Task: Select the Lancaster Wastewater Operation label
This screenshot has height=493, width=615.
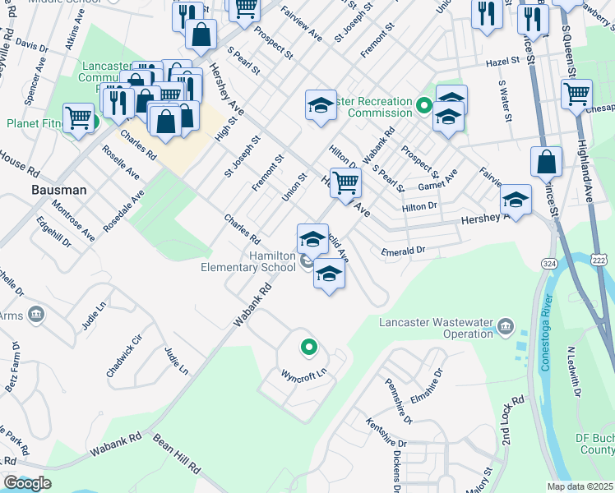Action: click(x=435, y=328)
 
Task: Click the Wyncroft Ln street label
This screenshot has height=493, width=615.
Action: click(x=305, y=374)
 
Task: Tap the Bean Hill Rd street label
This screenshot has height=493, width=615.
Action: click(x=176, y=454)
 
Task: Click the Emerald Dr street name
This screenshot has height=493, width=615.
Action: click(x=402, y=250)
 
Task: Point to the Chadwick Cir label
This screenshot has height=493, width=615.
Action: click(x=124, y=355)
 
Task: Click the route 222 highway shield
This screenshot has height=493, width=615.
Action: click(x=598, y=259)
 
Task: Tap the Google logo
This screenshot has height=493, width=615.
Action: click(x=27, y=483)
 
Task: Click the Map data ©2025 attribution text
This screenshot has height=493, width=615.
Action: click(x=580, y=486)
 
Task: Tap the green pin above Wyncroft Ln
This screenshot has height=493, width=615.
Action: click(x=308, y=348)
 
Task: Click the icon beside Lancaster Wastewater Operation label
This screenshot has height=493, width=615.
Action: click(x=506, y=329)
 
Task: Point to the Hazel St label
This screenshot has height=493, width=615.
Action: click(x=504, y=61)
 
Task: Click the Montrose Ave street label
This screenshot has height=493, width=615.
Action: click(x=72, y=219)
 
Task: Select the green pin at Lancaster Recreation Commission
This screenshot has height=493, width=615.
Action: click(x=423, y=105)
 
